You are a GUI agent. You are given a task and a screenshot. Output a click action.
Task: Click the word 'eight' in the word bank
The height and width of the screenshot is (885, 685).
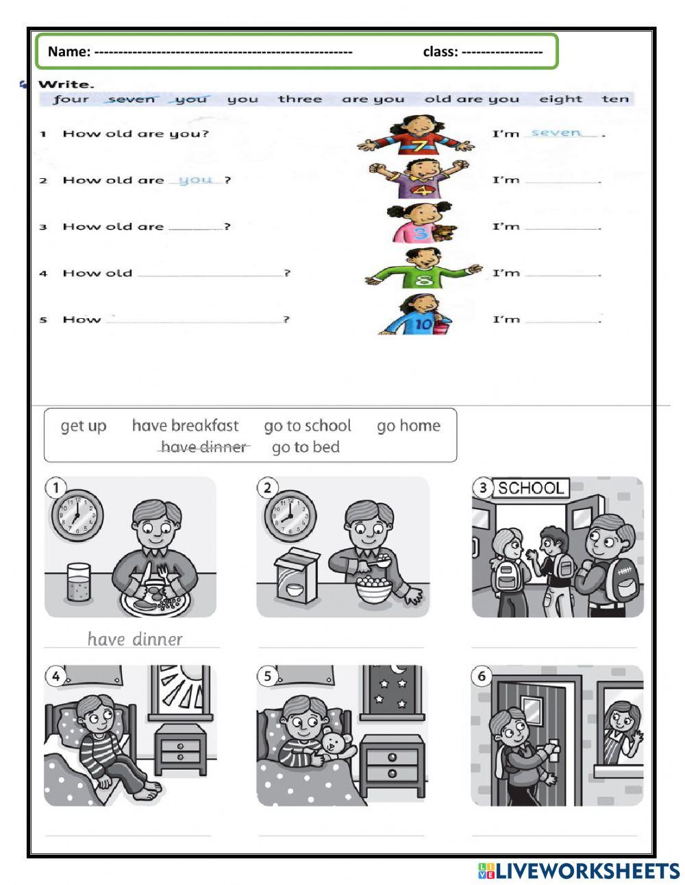tap(560, 99)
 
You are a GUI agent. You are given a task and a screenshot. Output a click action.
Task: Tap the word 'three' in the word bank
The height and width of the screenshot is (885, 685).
tap(299, 99)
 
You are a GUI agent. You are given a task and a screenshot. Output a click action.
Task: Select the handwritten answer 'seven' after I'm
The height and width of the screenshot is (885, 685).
tap(556, 132)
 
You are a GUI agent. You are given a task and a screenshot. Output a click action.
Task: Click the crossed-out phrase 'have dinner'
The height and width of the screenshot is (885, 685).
tap(203, 447)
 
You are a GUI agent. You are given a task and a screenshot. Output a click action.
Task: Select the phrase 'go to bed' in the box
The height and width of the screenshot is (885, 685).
tap(306, 447)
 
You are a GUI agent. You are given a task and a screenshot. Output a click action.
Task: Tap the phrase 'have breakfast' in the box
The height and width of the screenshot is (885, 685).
tap(185, 426)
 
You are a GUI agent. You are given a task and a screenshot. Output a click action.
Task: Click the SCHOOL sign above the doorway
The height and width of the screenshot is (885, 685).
tap(530, 488)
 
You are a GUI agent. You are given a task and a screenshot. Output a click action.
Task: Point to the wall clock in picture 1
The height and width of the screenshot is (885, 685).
tap(77, 514)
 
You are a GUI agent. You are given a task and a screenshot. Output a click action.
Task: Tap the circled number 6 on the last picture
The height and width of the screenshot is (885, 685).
tap(482, 677)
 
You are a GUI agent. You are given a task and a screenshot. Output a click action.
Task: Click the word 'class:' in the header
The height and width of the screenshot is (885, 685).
tap(440, 51)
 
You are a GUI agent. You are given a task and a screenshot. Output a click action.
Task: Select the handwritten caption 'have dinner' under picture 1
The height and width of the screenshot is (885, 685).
tap(135, 640)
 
